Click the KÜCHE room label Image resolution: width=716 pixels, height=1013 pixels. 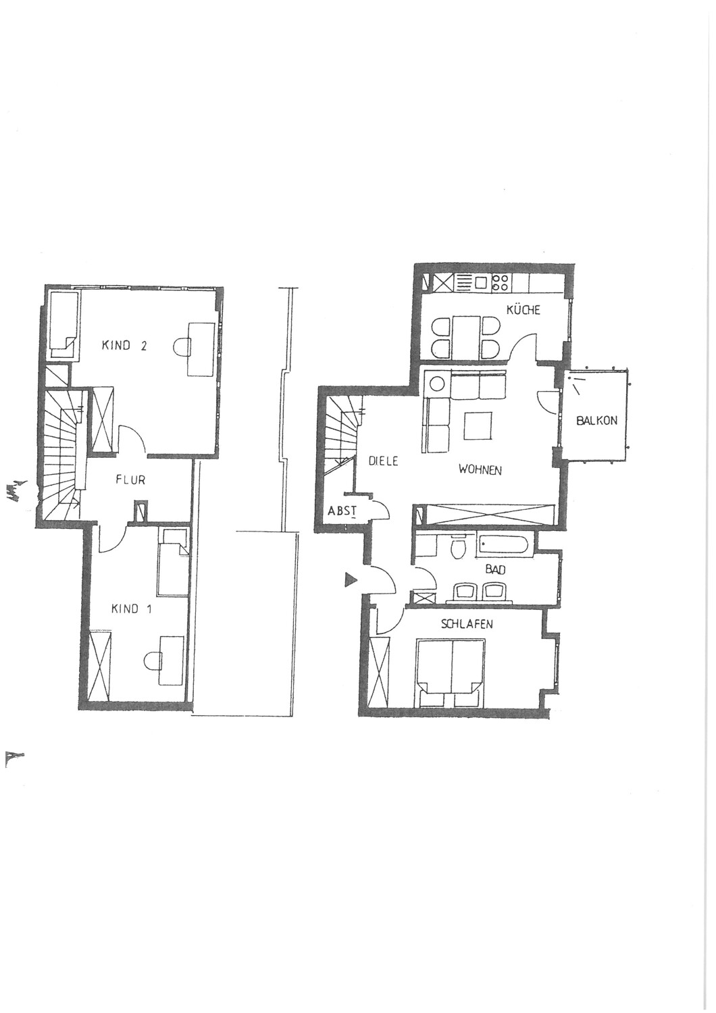523,310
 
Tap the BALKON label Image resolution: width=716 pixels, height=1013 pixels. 596,421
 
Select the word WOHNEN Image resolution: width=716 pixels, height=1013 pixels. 480,470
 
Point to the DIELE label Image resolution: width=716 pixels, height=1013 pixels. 383,462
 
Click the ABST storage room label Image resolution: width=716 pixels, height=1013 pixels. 342,511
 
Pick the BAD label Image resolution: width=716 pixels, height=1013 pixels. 495,570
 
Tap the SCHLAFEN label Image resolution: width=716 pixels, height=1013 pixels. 467,624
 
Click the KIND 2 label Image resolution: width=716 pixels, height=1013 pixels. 124,346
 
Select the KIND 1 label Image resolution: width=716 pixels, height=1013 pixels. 132,609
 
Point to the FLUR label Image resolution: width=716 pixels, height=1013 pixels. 131,479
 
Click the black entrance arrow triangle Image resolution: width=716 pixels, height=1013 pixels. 351,579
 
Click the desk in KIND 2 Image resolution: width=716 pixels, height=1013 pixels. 201,348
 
